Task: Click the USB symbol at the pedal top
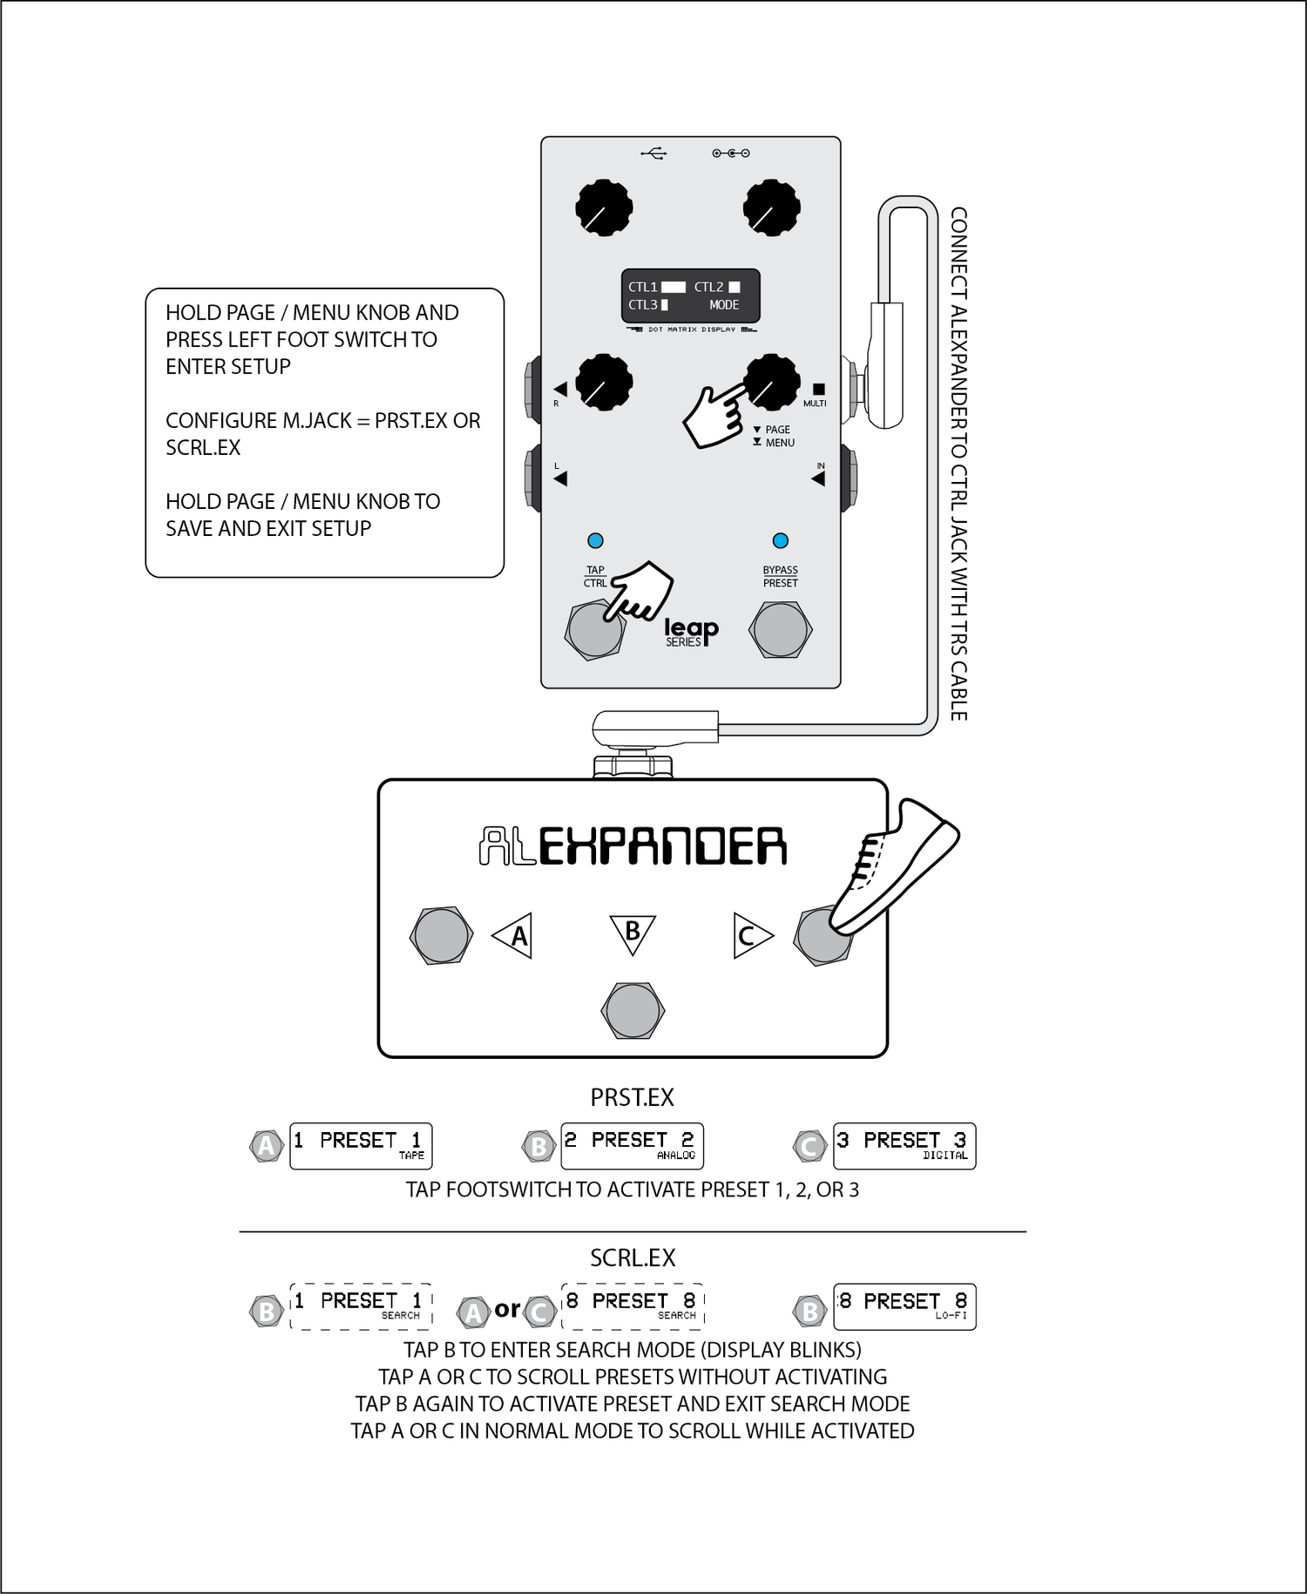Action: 653,153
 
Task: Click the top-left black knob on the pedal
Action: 604,208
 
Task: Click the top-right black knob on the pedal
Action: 771,208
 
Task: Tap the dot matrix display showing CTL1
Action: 690,296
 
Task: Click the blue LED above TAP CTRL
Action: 595,540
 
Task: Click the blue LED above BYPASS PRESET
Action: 780,540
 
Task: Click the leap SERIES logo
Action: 691,632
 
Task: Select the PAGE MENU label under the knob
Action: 775,436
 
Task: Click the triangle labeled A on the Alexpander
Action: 514,936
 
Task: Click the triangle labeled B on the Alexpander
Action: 633,932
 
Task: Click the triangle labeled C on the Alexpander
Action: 750,936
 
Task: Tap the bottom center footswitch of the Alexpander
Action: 633,1010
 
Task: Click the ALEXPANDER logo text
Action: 633,846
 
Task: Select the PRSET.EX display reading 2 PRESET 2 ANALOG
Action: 632,1145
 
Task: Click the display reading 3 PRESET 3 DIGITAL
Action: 904,1145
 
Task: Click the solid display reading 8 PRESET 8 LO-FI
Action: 904,1306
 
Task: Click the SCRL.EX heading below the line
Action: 633,1258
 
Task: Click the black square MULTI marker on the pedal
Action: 818,389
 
